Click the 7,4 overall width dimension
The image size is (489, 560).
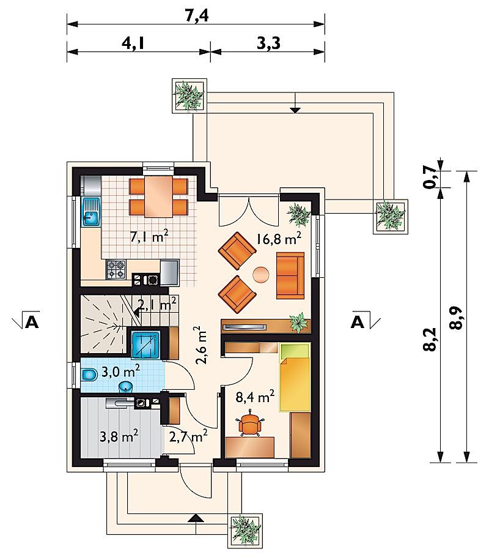point(197,16)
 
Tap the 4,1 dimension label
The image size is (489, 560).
point(133,43)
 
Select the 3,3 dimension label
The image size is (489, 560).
point(268,43)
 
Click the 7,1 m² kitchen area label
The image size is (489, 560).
point(149,236)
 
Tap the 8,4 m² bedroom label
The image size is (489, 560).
point(255,396)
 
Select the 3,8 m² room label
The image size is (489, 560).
point(119,436)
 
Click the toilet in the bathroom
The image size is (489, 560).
point(89,375)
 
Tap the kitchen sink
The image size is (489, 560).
point(91,212)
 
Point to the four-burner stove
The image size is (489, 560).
point(116,269)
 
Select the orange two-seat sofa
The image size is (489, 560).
point(290,275)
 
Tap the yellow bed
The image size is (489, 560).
point(295,377)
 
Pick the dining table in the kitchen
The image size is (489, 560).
point(159,196)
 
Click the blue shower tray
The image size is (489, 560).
point(146,345)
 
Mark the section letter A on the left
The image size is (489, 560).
point(32,321)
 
